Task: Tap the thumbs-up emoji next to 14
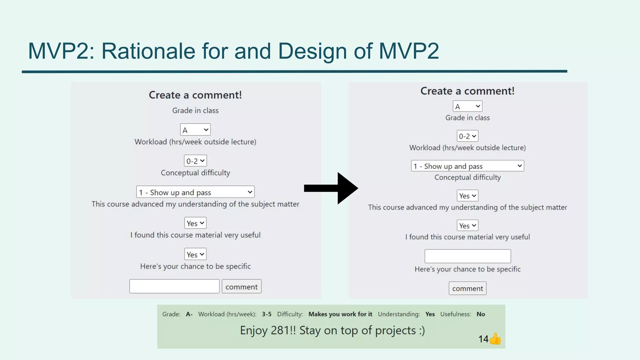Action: (x=495, y=339)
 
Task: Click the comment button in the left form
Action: (x=241, y=287)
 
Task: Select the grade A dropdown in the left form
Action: (x=195, y=130)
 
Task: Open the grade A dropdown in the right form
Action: (x=467, y=106)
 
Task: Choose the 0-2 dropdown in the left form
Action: (x=195, y=161)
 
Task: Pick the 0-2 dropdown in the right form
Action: (x=467, y=136)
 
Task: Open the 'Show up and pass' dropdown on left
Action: (x=195, y=192)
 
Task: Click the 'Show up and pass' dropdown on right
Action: (x=467, y=166)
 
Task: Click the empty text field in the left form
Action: (x=174, y=286)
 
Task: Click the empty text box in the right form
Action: (x=467, y=256)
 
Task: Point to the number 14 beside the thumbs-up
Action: (x=483, y=339)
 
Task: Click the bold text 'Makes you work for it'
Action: (x=340, y=314)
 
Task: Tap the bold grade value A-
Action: (x=189, y=314)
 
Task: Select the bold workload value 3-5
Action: (x=267, y=314)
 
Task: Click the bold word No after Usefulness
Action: (x=481, y=314)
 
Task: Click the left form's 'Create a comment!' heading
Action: (x=195, y=95)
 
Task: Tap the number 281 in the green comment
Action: (x=280, y=330)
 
